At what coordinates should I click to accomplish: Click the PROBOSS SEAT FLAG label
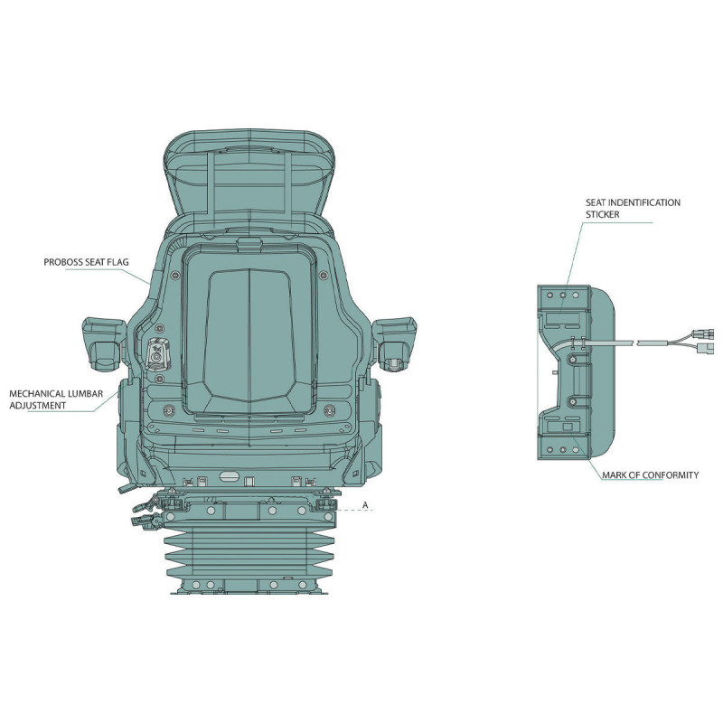coord(86,262)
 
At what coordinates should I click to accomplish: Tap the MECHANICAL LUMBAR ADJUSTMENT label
coord(56,399)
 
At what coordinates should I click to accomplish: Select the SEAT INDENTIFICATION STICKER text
coord(633,209)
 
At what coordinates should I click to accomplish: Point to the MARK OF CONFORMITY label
coord(650,475)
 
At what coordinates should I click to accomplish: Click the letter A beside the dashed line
coord(365,505)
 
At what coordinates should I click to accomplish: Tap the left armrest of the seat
coord(104,343)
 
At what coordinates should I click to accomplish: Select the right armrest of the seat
coord(395,343)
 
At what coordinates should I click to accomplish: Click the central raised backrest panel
coord(249,334)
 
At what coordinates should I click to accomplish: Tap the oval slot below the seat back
coord(230,475)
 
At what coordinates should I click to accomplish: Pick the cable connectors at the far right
coord(703,341)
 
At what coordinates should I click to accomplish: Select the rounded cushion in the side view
coord(603,372)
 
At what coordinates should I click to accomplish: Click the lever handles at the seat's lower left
coord(146,512)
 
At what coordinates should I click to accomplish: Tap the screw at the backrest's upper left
coord(174,276)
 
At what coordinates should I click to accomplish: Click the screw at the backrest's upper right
coord(324,276)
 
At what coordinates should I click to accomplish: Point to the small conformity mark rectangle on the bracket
coord(568,427)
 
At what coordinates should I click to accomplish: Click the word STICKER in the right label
coord(602,214)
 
